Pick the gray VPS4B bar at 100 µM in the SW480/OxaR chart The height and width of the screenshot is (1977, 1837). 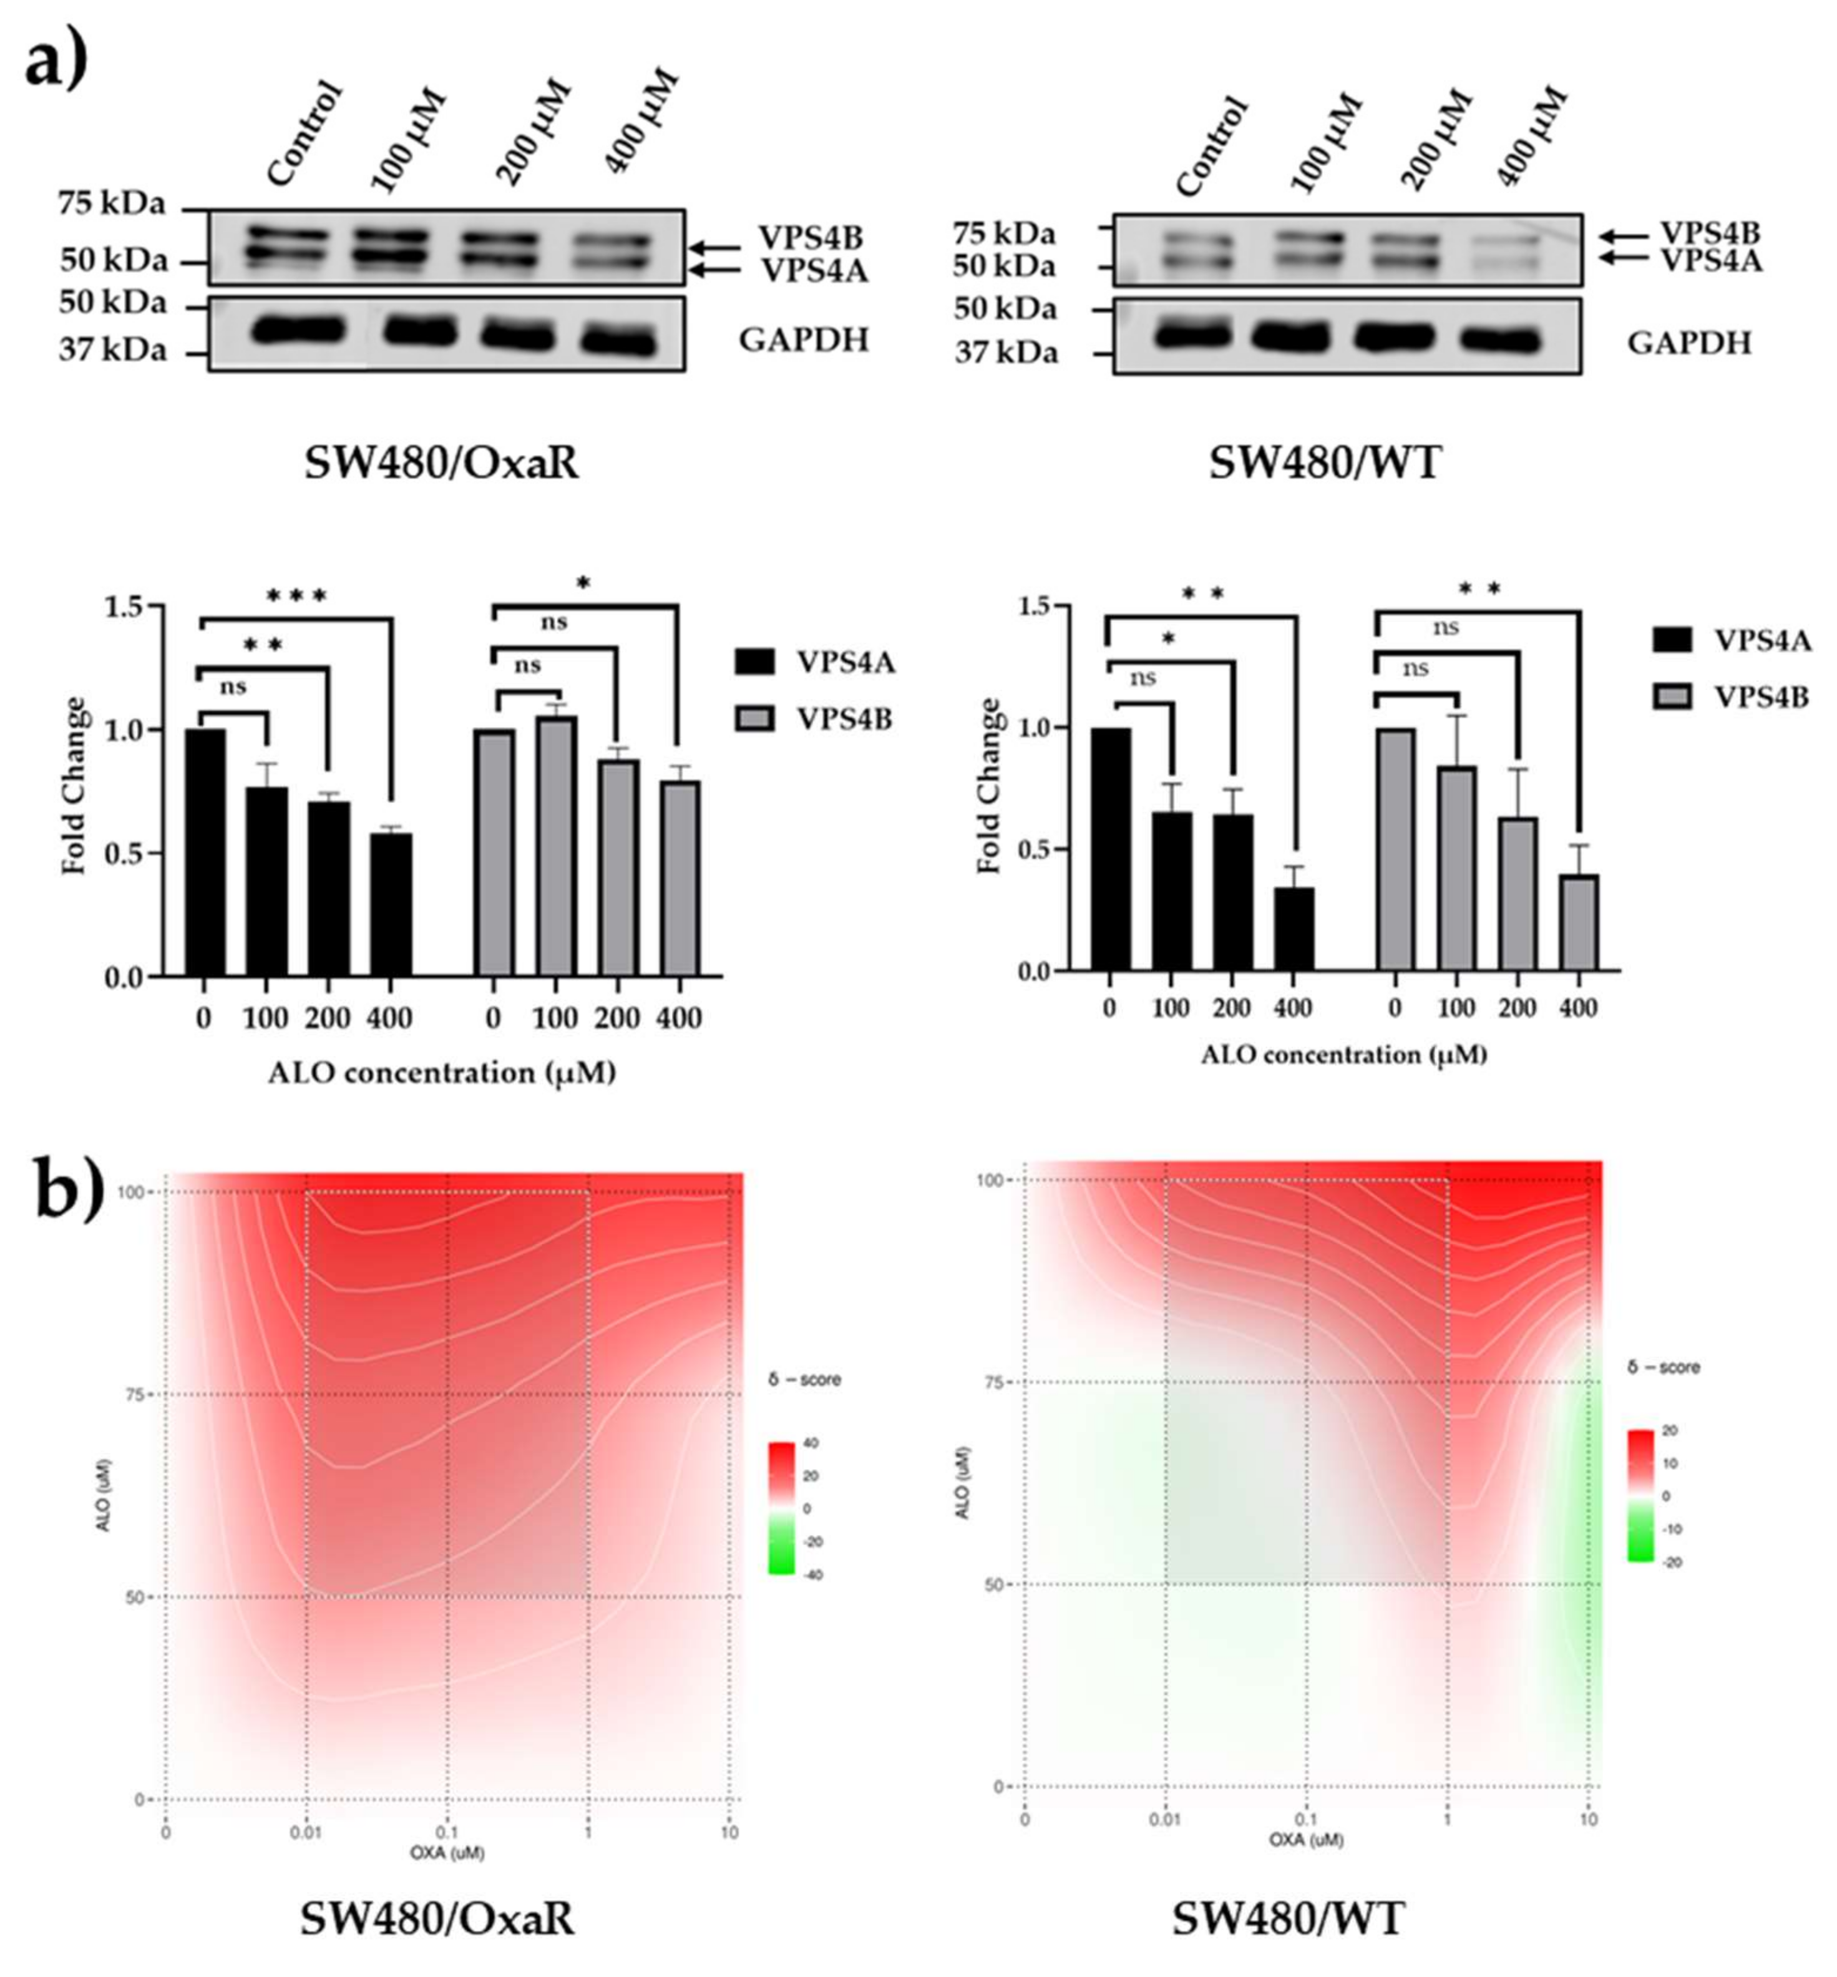555,846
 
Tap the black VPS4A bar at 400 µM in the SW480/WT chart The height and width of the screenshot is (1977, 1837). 1294,929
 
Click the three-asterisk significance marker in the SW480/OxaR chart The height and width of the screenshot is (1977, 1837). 296,597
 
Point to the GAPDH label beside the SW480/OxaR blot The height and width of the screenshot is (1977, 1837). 803,340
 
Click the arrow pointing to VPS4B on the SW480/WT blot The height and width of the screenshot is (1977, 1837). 1622,237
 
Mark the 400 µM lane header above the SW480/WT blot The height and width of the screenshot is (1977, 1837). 1530,139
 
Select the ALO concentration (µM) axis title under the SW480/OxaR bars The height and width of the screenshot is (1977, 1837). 441,1073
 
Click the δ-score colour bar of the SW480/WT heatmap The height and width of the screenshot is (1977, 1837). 1640,1496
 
